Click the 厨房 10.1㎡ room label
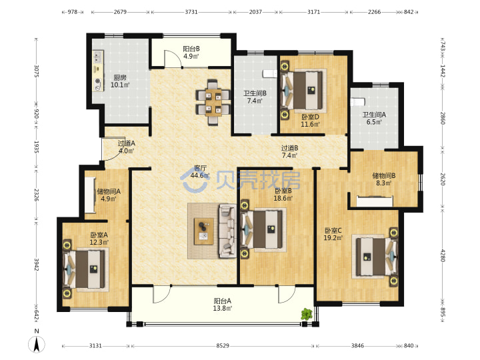click(x=120, y=81)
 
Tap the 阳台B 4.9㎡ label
click(x=191, y=53)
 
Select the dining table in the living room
click(x=213, y=102)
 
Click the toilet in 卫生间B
click(x=270, y=73)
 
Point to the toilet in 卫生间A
click(x=358, y=101)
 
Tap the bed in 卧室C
click(x=375, y=256)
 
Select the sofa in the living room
click(x=227, y=231)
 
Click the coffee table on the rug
click(x=204, y=231)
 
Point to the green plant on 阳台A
click(x=307, y=314)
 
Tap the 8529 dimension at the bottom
click(x=223, y=345)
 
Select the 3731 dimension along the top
click(x=191, y=12)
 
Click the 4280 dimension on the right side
click(x=443, y=255)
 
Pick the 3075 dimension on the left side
click(x=36, y=71)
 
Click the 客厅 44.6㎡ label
click(x=200, y=172)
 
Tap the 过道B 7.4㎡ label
click(x=289, y=151)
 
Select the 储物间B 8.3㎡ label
click(x=384, y=179)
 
